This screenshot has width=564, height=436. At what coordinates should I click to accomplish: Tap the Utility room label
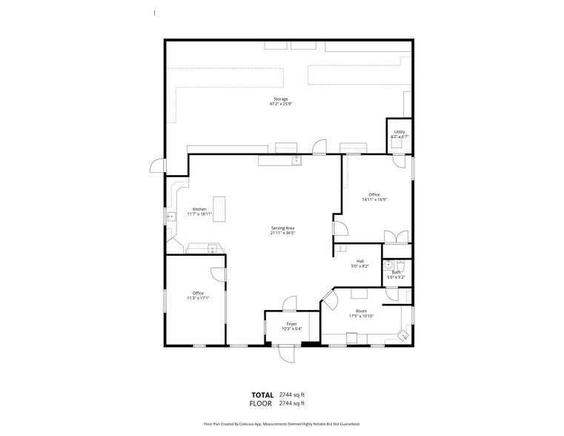pyautogui.click(x=400, y=132)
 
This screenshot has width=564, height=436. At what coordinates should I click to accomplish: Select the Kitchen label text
pyautogui.click(x=199, y=209)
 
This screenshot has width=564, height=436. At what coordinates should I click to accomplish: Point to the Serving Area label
pyautogui.click(x=282, y=228)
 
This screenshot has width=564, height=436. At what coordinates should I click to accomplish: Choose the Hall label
pyautogui.click(x=360, y=260)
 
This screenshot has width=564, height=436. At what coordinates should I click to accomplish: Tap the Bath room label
pyautogui.click(x=397, y=272)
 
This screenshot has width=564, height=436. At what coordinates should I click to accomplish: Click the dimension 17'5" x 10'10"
pyautogui.click(x=361, y=316)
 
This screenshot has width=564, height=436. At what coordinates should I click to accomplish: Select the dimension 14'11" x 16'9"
pyautogui.click(x=374, y=199)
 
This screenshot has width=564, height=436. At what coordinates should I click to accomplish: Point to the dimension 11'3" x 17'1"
pyautogui.click(x=198, y=298)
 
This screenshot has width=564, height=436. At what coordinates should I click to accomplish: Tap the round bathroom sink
pyautogui.click(x=388, y=264)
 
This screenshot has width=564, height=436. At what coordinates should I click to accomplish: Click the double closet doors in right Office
pyautogui.click(x=396, y=237)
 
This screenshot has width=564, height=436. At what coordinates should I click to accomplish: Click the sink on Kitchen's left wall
pyautogui.click(x=169, y=217)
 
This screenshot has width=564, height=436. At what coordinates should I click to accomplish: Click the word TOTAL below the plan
pyautogui.click(x=262, y=394)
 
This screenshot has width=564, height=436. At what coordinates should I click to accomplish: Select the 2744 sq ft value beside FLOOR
pyautogui.click(x=292, y=403)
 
